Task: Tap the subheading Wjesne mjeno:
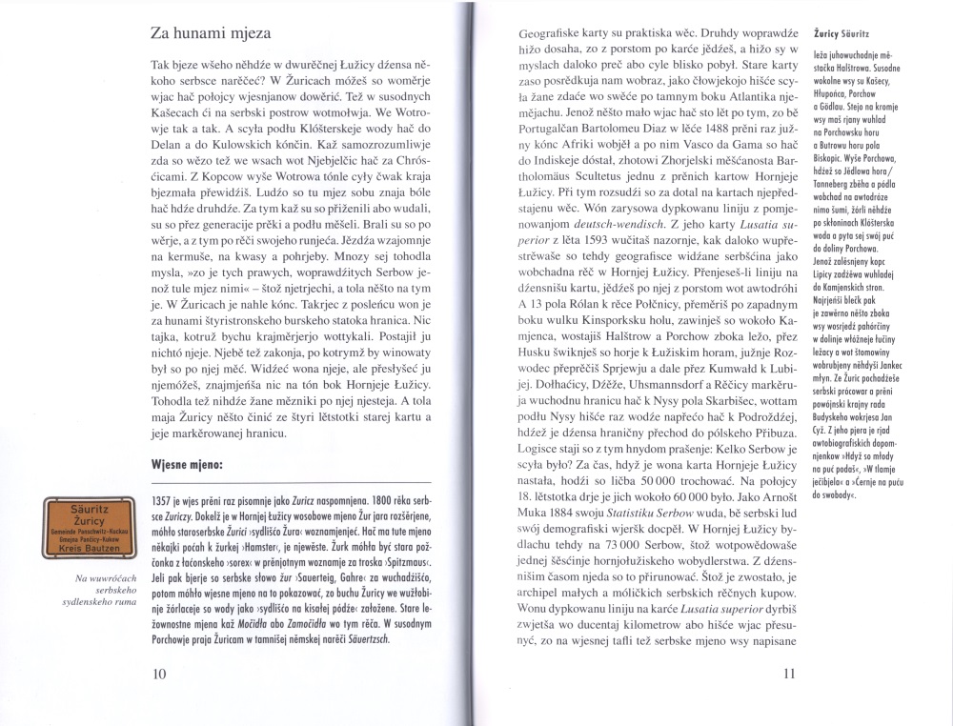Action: point(188,467)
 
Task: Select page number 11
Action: point(787,674)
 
